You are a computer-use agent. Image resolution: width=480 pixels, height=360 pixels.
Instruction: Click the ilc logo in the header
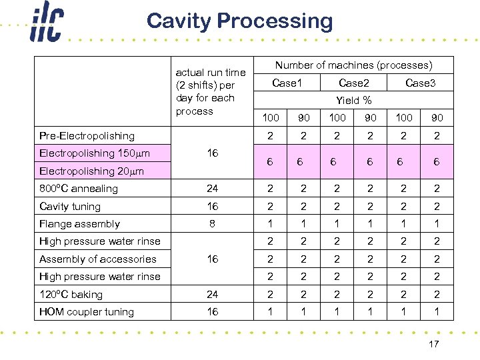click(46, 24)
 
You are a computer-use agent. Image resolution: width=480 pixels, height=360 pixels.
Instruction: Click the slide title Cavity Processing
click(239, 21)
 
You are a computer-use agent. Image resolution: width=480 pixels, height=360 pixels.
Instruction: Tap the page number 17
click(433, 344)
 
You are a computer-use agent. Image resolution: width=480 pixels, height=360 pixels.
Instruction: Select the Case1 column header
click(287, 83)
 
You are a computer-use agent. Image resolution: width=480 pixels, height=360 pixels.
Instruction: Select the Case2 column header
click(354, 83)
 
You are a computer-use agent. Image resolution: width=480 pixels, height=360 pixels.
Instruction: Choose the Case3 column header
click(420, 83)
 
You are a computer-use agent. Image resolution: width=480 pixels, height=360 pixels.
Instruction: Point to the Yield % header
click(354, 101)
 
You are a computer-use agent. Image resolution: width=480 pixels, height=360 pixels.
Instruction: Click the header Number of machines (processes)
click(354, 65)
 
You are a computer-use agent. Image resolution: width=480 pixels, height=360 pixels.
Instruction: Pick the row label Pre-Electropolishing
click(87, 136)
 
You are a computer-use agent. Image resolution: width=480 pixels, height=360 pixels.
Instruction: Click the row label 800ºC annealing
click(79, 189)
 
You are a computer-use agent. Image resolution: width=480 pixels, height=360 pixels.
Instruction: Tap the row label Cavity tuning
click(70, 207)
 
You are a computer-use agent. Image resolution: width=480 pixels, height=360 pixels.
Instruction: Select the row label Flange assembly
click(79, 224)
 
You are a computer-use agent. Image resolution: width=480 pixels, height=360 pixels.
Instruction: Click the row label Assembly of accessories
click(98, 259)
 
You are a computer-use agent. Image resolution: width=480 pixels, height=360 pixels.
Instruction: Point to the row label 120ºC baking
click(71, 295)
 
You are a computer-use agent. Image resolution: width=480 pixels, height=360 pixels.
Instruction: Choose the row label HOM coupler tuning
click(87, 312)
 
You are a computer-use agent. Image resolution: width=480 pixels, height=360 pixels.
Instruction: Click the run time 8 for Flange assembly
click(212, 224)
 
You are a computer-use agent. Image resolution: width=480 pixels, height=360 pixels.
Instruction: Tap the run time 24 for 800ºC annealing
click(212, 189)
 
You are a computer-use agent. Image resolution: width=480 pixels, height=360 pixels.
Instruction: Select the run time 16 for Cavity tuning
click(212, 207)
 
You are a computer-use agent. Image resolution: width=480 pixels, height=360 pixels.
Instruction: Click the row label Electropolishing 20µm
click(91, 171)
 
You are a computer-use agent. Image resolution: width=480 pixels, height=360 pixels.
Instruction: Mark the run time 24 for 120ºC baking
click(212, 295)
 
